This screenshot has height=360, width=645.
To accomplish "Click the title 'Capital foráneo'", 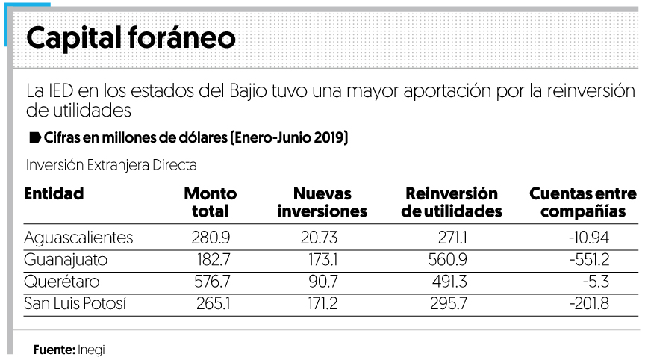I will pyautogui.click(x=131, y=38).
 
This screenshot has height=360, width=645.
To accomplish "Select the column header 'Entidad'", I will pyautogui.click(x=54, y=194).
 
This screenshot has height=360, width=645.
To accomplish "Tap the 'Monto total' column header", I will pyautogui.click(x=210, y=202).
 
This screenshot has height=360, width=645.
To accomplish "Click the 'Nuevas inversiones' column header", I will pyautogui.click(x=322, y=202).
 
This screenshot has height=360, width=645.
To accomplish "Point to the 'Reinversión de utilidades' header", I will pyautogui.click(x=451, y=202).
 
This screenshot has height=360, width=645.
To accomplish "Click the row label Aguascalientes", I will pyautogui.click(x=78, y=238).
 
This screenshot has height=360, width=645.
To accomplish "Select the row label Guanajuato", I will pyautogui.click(x=66, y=261).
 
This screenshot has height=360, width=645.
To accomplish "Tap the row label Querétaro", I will pyautogui.click(x=61, y=282).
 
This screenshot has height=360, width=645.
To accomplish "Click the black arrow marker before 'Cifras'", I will pyautogui.click(x=34, y=138).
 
